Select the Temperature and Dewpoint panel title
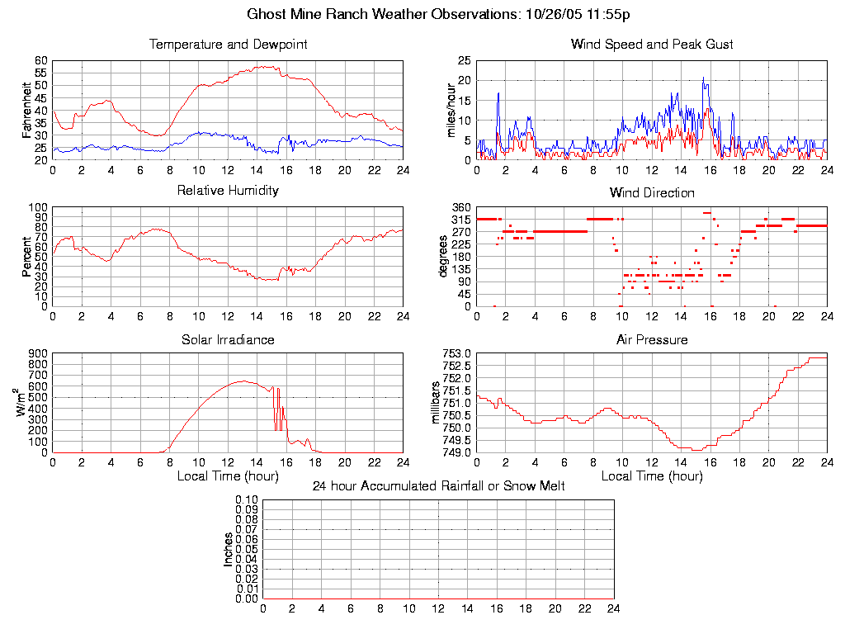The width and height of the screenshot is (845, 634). (x=228, y=45)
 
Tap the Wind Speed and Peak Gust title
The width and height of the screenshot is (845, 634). (x=652, y=45)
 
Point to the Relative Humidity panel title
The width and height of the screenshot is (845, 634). (x=228, y=191)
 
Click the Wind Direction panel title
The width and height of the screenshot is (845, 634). (x=652, y=193)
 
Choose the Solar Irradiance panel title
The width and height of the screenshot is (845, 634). (x=228, y=340)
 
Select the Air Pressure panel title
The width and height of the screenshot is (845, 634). (x=652, y=340)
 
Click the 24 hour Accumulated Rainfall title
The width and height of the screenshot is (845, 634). (x=438, y=486)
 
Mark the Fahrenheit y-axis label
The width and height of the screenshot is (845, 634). (x=26, y=111)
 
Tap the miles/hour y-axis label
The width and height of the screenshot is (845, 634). (x=451, y=111)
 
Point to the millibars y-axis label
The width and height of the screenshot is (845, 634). (x=437, y=402)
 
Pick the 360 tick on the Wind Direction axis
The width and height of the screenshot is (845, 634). (x=461, y=207)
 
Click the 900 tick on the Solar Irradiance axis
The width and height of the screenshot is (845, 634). (x=39, y=353)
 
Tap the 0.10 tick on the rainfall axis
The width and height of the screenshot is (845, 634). (x=247, y=500)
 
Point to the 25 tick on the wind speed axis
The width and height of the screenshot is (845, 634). (x=465, y=61)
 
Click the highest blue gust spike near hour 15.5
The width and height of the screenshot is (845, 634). (x=704, y=78)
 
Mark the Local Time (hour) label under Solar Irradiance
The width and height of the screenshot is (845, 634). (x=228, y=476)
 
